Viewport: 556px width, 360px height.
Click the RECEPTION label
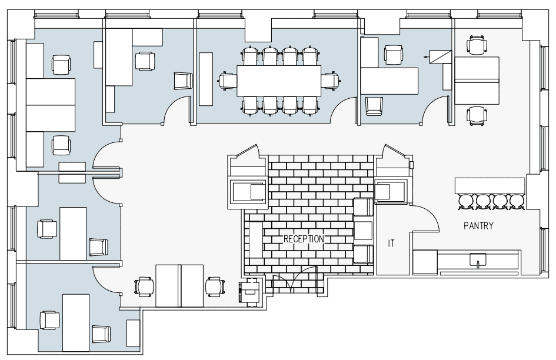pyautogui.click(x=304, y=239)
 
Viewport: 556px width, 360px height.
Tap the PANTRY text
pyautogui.click(x=478, y=225)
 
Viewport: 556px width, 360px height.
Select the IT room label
pyautogui.click(x=391, y=244)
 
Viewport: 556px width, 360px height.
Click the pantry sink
pyautogui.click(x=478, y=259)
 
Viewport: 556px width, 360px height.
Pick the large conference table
pyautogui.click(x=279, y=81)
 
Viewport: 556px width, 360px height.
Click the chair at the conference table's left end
pyautogui.click(x=227, y=81)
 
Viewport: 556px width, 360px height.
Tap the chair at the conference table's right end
pyautogui.click(x=331, y=81)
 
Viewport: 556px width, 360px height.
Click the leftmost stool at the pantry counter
pyautogui.click(x=465, y=202)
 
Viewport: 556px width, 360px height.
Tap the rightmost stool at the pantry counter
pyautogui.click(x=517, y=202)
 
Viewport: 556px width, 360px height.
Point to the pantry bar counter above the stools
pyautogui.click(x=490, y=186)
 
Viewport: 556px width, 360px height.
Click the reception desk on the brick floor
pyautogui.click(x=256, y=240)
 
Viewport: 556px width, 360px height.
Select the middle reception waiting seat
pyautogui.click(x=364, y=230)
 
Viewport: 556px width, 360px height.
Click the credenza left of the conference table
pyautogui.click(x=206, y=79)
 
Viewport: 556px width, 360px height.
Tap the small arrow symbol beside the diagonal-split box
pyautogui.click(x=426, y=56)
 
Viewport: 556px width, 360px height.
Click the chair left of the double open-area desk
pyautogui.click(x=144, y=286)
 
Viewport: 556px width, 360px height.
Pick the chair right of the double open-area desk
pyautogui.click(x=215, y=286)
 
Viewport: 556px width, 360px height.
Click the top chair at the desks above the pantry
pyautogui.click(x=477, y=45)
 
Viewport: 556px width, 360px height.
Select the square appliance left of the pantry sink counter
pyautogui.click(x=425, y=262)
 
